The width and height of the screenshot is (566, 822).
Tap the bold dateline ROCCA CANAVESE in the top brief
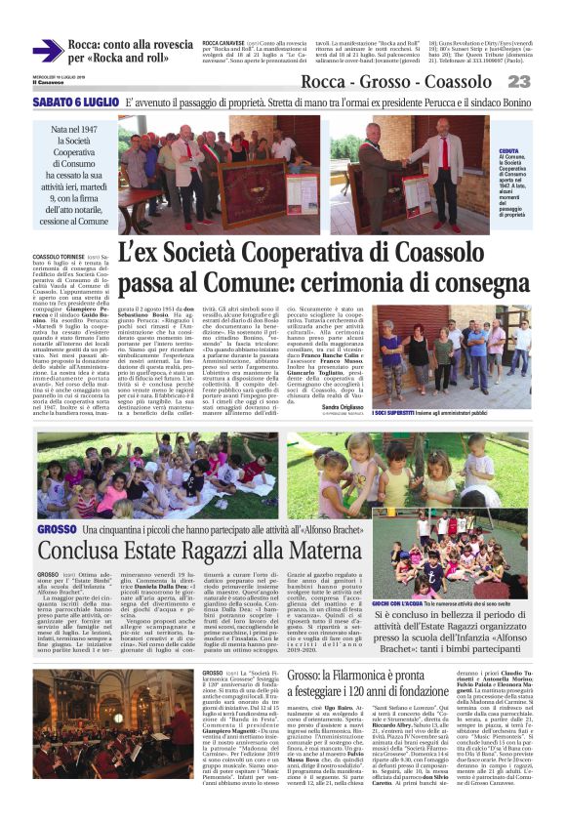coord(225,43)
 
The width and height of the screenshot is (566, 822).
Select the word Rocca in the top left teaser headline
coord(92,44)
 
